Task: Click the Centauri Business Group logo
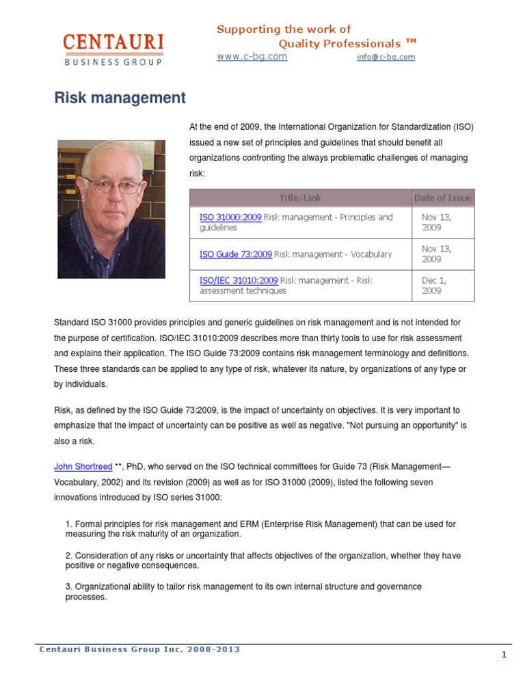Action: [113, 49]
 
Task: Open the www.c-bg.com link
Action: [252, 57]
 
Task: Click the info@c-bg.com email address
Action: [386, 57]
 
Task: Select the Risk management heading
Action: [120, 98]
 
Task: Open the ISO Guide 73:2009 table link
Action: [236, 254]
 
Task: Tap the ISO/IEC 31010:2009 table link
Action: [239, 280]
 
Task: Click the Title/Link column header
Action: [300, 198]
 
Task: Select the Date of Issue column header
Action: [442, 198]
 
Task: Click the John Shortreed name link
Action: [82, 466]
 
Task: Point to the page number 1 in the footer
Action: [504, 655]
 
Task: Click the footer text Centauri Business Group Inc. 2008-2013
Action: [139, 649]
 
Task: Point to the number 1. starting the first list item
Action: [69, 524]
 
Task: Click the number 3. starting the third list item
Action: [69, 587]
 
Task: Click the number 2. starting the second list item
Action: [69, 556]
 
